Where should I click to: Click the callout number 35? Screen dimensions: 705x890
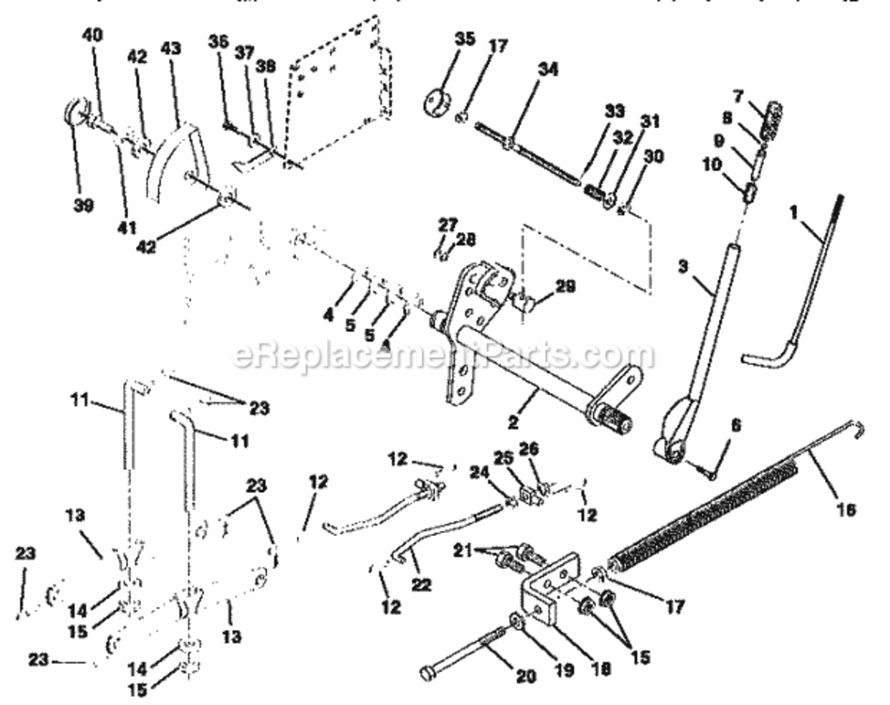465,39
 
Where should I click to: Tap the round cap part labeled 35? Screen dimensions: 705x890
438,100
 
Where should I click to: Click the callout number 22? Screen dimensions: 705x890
423,584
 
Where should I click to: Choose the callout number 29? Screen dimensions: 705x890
565,286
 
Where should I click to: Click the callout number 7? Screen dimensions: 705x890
738,97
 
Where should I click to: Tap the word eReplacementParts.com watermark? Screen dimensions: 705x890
442,355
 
